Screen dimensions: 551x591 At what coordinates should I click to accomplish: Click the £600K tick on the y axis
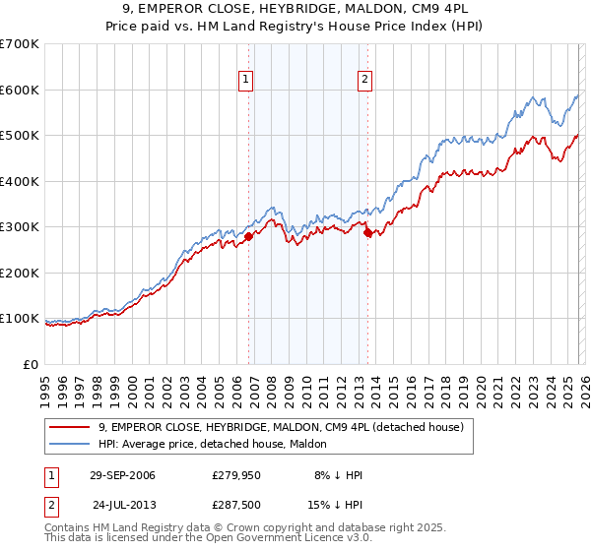coord(20,90)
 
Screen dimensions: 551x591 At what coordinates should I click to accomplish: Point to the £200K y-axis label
coord(20,273)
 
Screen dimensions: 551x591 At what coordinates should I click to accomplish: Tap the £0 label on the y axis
coord(32,364)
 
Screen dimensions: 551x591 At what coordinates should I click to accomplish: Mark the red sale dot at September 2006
coord(249,236)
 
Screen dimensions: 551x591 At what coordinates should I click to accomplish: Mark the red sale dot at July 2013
coord(367,233)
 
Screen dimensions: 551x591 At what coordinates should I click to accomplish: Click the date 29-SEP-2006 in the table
coord(122,475)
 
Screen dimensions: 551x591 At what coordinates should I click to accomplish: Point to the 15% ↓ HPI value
coord(334,504)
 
